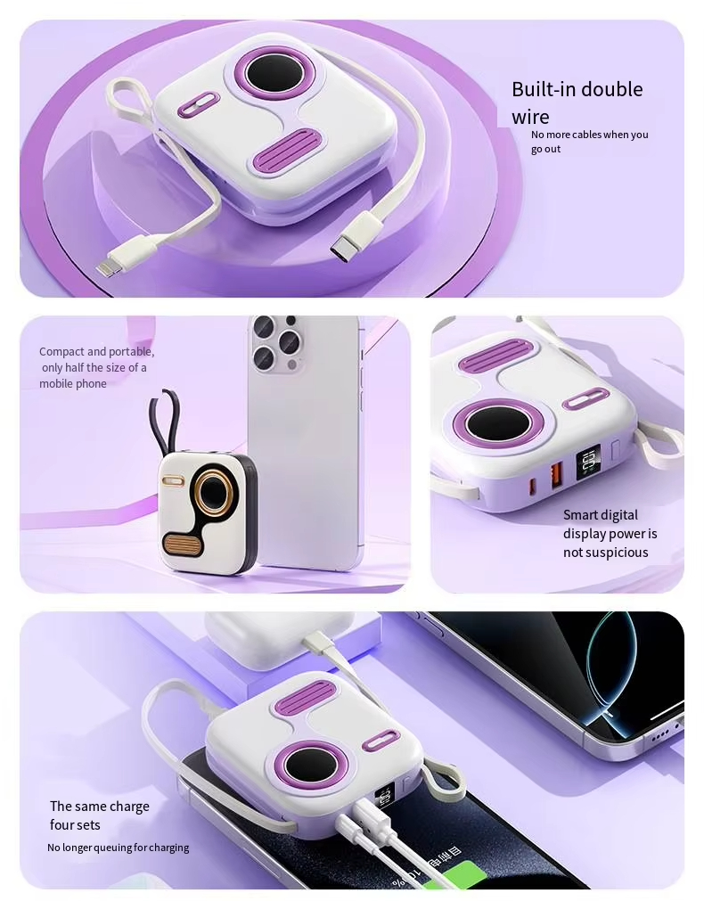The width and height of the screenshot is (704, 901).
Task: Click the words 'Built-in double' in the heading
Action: (577, 89)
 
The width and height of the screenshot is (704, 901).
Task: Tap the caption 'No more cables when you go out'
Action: (589, 142)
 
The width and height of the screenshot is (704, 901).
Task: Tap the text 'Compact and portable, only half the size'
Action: (95, 367)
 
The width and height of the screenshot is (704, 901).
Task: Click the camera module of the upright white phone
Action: (275, 342)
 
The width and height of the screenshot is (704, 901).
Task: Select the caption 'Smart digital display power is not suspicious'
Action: (610, 534)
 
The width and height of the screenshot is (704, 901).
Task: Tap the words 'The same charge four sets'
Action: (99, 815)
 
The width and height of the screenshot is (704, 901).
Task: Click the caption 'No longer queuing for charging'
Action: (118, 848)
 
